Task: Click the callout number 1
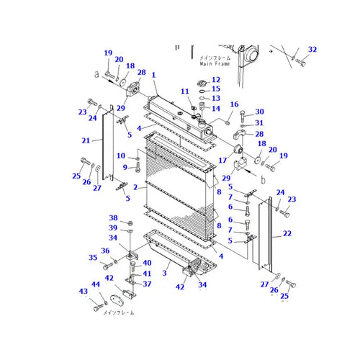153,75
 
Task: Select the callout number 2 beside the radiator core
134,186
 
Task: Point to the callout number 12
216,79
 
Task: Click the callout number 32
312,49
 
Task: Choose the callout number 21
86,140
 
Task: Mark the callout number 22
287,234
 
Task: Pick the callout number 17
223,160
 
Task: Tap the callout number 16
234,104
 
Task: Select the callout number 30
260,112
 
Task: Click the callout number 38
113,217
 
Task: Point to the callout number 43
84,291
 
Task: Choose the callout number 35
92,257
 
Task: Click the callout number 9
125,167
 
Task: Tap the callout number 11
184,91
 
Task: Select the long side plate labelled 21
107,144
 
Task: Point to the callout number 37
148,284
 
